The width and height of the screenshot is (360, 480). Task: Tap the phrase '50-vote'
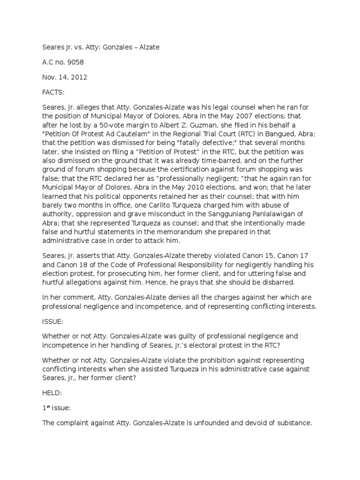click(143, 124)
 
